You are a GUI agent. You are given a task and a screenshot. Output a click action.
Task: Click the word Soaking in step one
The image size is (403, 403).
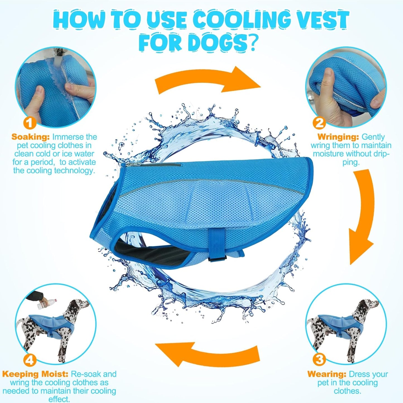[x=30, y=137]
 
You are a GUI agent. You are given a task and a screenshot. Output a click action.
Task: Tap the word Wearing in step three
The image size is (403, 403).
[x=327, y=374]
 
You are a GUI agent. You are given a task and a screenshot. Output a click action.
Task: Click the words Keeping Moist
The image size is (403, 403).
[x=35, y=374]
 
